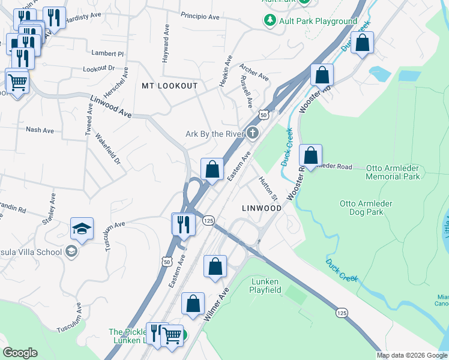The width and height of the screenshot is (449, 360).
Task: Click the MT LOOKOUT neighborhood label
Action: tap(169, 86)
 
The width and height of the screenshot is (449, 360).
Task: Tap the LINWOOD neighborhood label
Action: tap(261, 208)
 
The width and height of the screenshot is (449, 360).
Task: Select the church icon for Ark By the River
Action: tap(253, 133)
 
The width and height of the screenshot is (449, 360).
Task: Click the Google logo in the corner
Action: tap(20, 353)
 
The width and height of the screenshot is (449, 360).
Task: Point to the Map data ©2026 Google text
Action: tap(412, 355)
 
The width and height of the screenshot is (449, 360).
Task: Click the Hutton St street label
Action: tap(268, 188)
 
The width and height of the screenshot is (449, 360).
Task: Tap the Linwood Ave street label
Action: tap(110, 106)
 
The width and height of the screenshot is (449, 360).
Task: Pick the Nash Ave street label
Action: tap(40, 130)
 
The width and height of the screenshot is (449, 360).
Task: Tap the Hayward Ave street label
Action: tap(166, 44)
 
